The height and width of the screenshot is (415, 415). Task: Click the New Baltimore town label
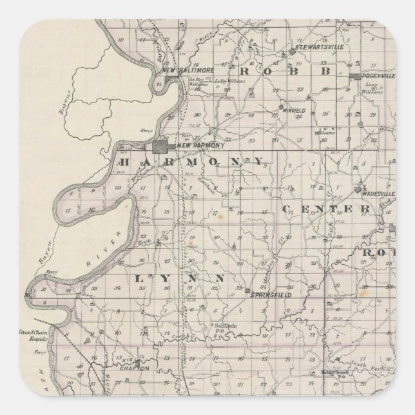tap(178, 70)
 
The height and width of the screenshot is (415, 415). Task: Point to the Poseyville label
tap(381, 76)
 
